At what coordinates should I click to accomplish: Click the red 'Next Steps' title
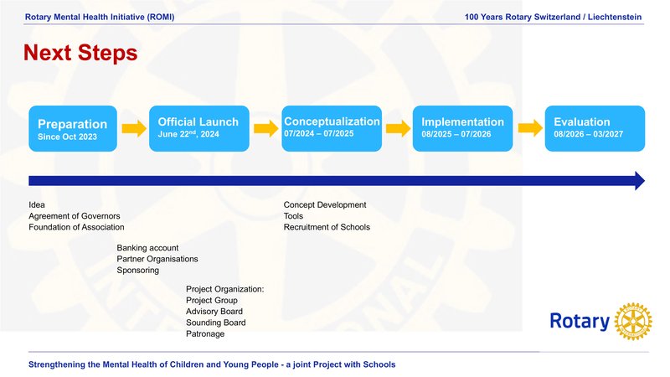coord(80,53)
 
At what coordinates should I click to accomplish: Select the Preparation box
coord(73,128)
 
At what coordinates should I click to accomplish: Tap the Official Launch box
coord(199,128)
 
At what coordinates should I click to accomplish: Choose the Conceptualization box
coord(332,128)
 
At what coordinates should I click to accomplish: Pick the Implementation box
coord(463,128)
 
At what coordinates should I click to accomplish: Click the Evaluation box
coord(595,128)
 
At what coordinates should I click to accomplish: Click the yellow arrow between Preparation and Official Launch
coord(134,128)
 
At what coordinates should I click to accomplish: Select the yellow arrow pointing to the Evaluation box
coord(530,128)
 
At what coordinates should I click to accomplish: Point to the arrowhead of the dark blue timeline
coord(640,181)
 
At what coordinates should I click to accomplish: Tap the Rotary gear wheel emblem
coord(633,322)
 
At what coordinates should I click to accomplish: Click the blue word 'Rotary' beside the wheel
coord(580,321)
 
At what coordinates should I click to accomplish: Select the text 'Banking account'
coord(147,248)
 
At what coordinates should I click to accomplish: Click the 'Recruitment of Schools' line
coord(327,227)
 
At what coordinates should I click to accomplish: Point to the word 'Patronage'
coord(205,333)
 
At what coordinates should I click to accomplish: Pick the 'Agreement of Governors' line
coord(75,216)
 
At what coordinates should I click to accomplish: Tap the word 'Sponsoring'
coord(137,270)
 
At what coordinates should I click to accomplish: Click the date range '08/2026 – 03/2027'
coord(589,134)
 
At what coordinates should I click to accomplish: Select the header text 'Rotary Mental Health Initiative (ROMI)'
coord(100,17)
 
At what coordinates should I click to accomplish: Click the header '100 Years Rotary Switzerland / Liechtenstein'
coord(553,17)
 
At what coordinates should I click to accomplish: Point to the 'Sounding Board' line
coord(216,323)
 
